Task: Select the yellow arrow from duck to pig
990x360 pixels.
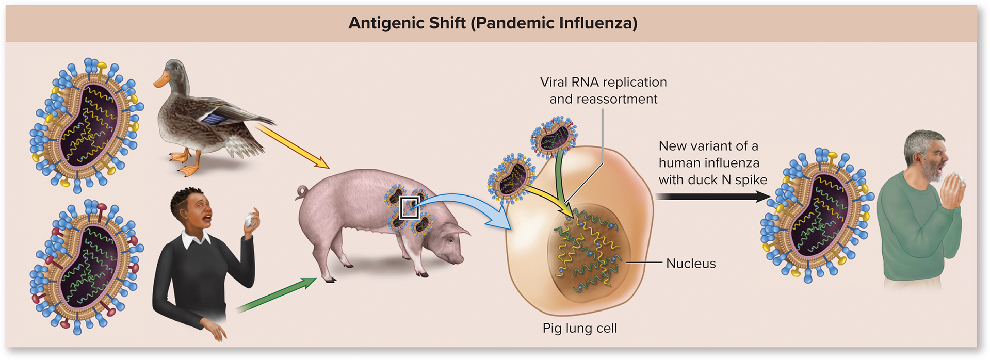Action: (x=293, y=146)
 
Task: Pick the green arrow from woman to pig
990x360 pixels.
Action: (x=276, y=295)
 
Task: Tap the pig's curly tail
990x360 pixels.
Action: (x=301, y=193)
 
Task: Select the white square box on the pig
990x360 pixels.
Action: (x=410, y=208)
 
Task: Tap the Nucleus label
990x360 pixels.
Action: (x=691, y=264)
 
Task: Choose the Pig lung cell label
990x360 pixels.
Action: (x=579, y=329)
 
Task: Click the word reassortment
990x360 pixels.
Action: (x=603, y=99)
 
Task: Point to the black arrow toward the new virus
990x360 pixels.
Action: (x=712, y=197)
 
